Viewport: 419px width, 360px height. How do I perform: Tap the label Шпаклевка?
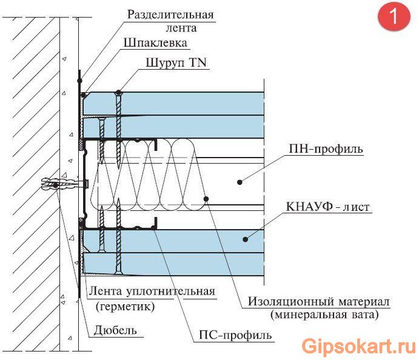(x=155, y=43)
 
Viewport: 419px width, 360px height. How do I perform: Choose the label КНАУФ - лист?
(x=328, y=207)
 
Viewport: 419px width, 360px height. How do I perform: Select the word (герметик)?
(x=125, y=306)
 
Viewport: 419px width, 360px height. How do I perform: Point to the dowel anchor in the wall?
(x=61, y=182)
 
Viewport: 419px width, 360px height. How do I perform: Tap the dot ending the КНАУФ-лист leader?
(x=246, y=238)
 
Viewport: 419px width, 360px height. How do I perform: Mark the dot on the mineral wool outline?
(x=206, y=198)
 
